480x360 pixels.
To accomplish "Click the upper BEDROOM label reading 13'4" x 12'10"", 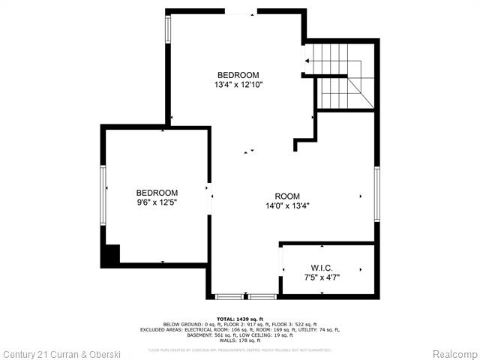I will [238, 75].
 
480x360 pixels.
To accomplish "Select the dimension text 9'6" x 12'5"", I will [157, 202].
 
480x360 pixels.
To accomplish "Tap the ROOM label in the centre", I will [287, 196].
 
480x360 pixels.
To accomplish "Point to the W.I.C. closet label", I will [322, 268].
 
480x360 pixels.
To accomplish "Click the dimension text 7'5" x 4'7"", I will [322, 277].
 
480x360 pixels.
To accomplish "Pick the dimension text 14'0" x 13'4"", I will [287, 206].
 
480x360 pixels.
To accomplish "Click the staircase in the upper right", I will [341, 75].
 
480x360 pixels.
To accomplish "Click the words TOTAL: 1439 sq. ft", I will [239, 319].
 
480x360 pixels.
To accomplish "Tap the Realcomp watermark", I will [453, 353].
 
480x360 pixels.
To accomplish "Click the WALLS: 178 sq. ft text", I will [239, 340].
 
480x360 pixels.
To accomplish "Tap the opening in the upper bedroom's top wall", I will [240, 12].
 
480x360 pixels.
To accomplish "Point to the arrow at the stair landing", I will [307, 60].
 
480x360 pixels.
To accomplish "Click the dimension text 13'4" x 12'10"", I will [238, 85].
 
